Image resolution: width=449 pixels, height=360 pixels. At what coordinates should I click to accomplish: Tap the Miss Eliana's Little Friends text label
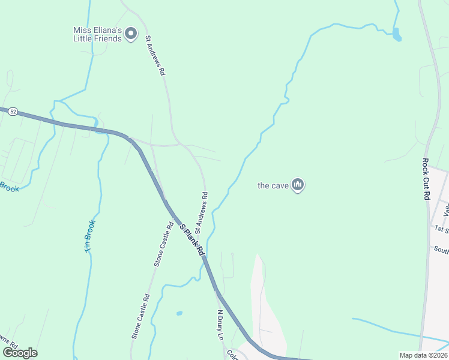point(97,34)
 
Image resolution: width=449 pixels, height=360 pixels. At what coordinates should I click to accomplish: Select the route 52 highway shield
point(14,112)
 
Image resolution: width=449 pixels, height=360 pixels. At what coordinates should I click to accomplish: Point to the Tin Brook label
point(89,236)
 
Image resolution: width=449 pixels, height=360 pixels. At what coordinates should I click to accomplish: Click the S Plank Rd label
point(193,239)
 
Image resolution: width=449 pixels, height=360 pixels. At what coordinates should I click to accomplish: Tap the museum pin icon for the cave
point(298,185)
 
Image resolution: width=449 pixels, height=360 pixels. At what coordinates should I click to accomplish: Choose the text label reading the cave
point(273,185)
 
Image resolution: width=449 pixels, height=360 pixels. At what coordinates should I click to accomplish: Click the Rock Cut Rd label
point(425,179)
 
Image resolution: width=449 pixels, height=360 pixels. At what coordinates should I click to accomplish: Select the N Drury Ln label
point(220,325)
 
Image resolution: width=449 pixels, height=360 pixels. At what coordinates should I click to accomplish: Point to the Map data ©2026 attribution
point(423,355)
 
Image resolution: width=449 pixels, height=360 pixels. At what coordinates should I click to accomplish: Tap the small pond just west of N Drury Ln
point(179,313)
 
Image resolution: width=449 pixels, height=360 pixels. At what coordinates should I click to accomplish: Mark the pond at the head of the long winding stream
point(396,34)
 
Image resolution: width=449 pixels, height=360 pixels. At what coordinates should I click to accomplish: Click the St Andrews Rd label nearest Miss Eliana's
point(155,55)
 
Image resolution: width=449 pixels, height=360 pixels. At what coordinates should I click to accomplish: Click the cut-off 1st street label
point(442,229)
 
